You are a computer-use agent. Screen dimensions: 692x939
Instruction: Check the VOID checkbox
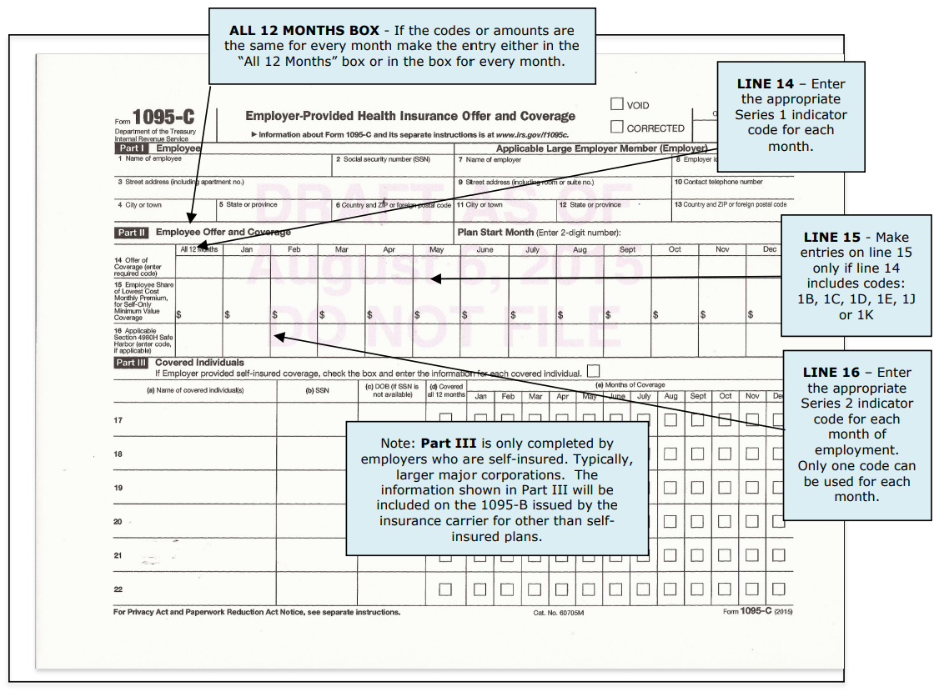pos(617,104)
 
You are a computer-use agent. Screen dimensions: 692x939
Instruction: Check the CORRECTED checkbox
pos(617,127)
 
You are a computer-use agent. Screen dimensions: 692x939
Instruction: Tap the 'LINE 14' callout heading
pos(766,83)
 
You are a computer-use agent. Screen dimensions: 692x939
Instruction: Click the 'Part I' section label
pos(132,148)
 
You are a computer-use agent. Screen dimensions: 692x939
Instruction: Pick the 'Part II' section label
pos(132,233)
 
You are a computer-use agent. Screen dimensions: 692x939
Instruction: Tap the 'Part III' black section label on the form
pos(132,363)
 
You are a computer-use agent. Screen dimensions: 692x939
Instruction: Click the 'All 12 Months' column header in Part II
pos(198,249)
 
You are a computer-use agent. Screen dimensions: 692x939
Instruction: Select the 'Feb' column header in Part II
pos(294,249)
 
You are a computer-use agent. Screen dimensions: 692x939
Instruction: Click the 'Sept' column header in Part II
pos(627,249)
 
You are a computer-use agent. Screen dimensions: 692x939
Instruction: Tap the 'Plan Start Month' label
pos(495,233)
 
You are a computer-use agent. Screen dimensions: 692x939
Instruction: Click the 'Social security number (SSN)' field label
pos(383,159)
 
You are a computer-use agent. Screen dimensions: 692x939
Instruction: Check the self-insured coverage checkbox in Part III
pos(593,371)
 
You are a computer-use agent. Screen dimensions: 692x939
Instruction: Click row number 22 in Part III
pos(118,589)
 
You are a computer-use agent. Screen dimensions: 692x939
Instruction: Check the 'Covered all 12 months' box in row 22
pos(445,589)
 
